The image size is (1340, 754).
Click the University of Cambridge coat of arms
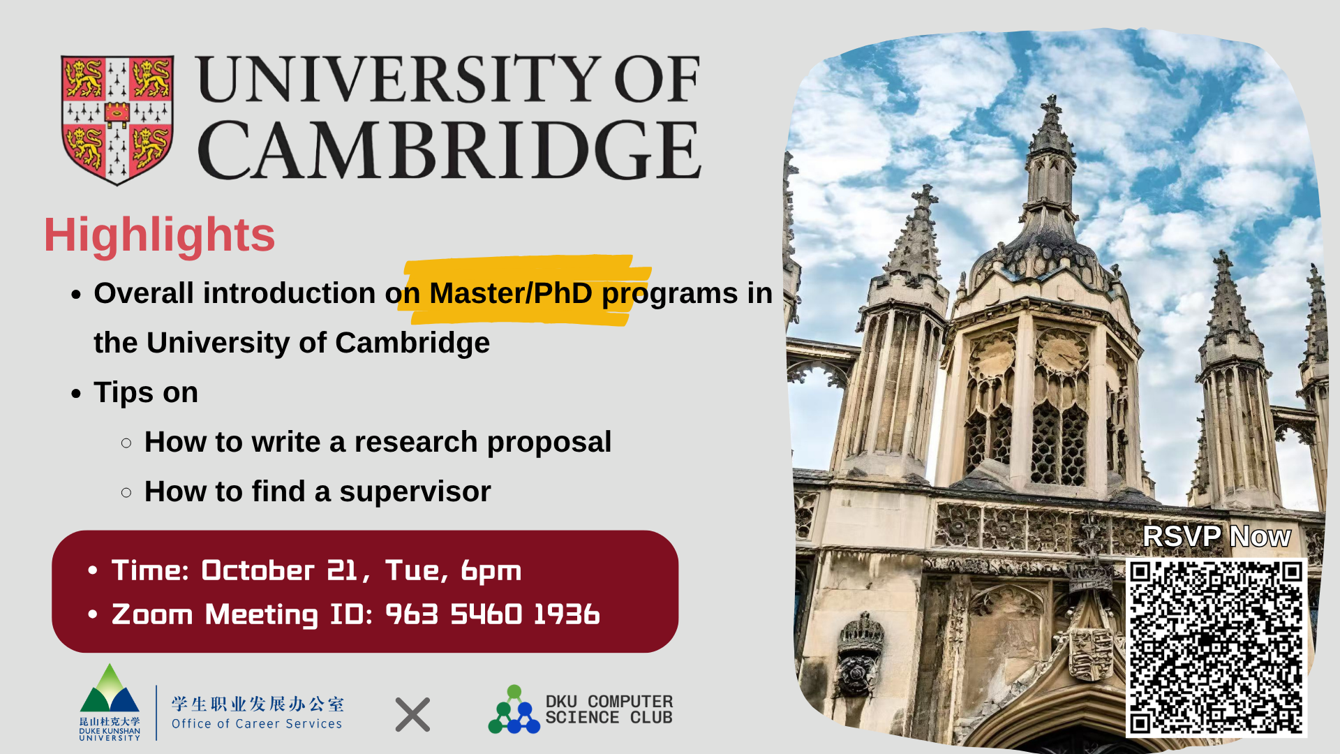[117, 119]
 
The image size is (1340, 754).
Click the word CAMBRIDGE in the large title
[449, 150]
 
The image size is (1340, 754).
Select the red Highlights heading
[159, 235]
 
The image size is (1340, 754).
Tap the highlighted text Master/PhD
[511, 293]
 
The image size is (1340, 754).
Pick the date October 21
[278, 571]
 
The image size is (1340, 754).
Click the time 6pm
[491, 571]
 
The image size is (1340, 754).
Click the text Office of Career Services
[257, 724]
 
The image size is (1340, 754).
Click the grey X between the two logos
[412, 715]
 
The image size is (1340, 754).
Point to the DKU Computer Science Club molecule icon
[514, 710]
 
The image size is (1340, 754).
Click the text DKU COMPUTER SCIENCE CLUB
[609, 709]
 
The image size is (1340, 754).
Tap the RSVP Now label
[1216, 537]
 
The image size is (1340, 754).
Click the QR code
[1216, 648]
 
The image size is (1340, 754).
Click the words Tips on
[146, 393]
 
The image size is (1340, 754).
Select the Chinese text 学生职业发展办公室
[258, 704]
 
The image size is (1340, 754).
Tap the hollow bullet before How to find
[126, 492]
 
